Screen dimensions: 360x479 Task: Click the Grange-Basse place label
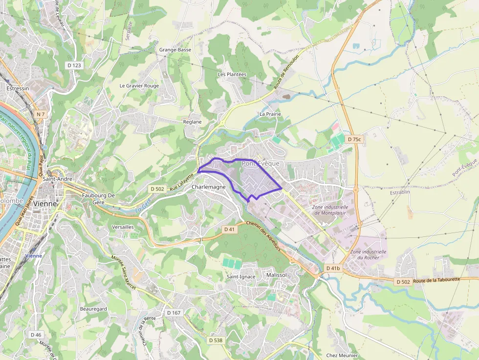(x=175, y=50)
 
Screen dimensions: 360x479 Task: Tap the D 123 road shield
(x=74, y=65)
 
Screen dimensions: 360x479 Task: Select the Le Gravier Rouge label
(x=139, y=85)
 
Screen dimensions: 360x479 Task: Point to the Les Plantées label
(x=232, y=74)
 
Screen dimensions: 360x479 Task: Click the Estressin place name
(x=18, y=88)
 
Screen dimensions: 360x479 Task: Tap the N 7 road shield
(x=41, y=114)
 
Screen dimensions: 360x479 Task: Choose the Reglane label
(x=192, y=122)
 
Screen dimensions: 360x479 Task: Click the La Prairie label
(x=270, y=114)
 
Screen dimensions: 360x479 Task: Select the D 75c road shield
(x=354, y=139)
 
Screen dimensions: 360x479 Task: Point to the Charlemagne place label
(x=209, y=187)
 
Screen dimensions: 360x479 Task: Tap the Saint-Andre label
(x=58, y=179)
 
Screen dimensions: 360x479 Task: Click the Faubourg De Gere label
(x=98, y=199)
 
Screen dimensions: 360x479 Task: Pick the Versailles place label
(x=123, y=227)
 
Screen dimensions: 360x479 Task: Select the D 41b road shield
(x=333, y=268)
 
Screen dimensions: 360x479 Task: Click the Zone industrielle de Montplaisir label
(x=330, y=210)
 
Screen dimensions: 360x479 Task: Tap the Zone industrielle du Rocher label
(x=369, y=254)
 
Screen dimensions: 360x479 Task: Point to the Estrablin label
(x=400, y=192)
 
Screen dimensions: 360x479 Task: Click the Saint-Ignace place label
(x=240, y=276)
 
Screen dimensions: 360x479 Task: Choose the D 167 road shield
(x=174, y=313)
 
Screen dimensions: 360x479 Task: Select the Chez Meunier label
(x=342, y=356)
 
